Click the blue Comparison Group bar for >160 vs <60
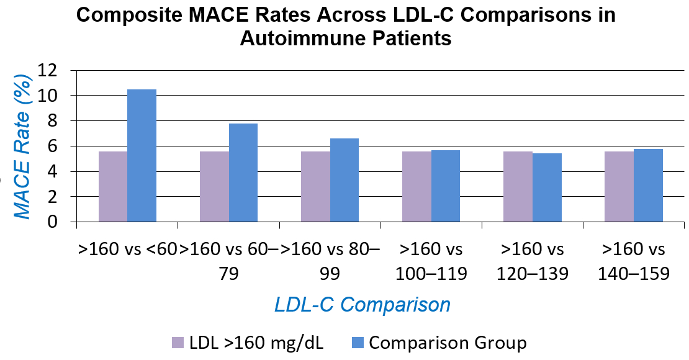coord(142,155)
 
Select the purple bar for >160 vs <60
coord(113,186)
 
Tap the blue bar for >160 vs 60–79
coord(243,173)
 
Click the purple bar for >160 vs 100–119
coord(417,186)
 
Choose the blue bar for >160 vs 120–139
coord(547,187)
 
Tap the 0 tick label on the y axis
coord(58,222)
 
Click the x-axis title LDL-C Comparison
coord(363,305)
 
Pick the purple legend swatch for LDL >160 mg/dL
coord(178,343)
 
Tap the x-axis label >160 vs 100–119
coord(431,261)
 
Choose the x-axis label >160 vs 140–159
coord(634,261)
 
